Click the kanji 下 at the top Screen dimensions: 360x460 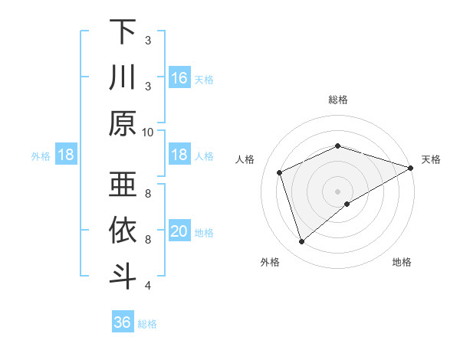click(x=123, y=32)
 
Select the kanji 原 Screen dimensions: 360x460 click(x=123, y=123)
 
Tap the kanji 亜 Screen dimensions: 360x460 click(x=123, y=184)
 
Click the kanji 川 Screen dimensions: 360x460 click(x=123, y=77)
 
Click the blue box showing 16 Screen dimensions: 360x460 click(x=179, y=77)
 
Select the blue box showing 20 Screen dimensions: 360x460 click(x=179, y=231)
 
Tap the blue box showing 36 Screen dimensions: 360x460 click(x=123, y=322)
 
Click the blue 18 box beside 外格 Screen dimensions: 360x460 click(x=66, y=155)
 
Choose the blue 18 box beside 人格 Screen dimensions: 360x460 click(x=179, y=155)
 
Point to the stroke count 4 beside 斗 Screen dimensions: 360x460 click(x=148, y=286)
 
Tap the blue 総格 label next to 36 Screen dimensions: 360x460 click(x=147, y=324)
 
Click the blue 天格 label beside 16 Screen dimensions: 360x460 click(x=203, y=79)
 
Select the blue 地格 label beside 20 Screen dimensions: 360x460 click(x=203, y=233)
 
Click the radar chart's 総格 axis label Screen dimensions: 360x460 click(x=337, y=100)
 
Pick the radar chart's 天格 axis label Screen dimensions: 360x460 click(x=431, y=159)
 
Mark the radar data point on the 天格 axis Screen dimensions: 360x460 click(x=411, y=168)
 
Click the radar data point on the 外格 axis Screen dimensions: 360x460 click(x=301, y=242)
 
